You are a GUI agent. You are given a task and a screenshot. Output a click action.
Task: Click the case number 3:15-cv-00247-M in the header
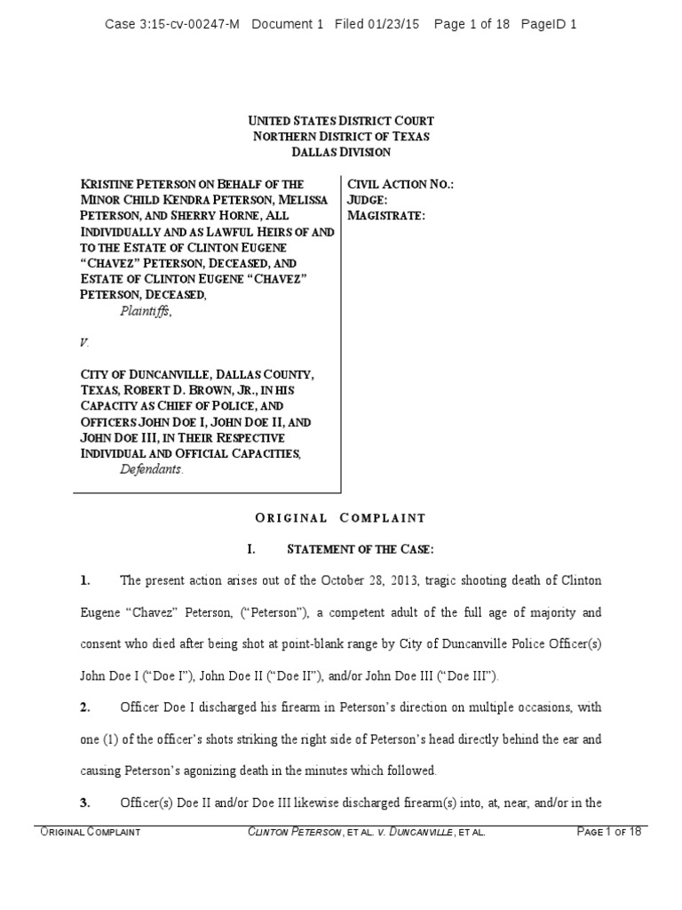pyautogui.click(x=188, y=24)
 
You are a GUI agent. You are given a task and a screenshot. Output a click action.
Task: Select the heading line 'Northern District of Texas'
pyautogui.click(x=341, y=136)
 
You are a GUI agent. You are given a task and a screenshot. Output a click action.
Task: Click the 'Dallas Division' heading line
pyautogui.click(x=341, y=152)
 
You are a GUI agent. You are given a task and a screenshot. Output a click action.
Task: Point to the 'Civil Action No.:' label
pyautogui.click(x=400, y=183)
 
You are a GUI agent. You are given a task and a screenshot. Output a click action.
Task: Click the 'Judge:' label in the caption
pyautogui.click(x=371, y=199)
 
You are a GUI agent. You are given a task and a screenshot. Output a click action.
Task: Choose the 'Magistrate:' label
pyautogui.click(x=386, y=215)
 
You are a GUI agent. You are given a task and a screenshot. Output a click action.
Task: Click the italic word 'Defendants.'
pyautogui.click(x=152, y=470)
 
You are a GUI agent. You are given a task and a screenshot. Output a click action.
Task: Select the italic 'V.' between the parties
pyautogui.click(x=84, y=342)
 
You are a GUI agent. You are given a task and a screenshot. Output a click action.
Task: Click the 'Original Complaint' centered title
pyautogui.click(x=341, y=518)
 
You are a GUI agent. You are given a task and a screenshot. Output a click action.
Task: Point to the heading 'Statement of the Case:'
pyautogui.click(x=376, y=549)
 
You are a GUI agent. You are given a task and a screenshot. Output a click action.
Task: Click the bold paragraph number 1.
pyautogui.click(x=84, y=581)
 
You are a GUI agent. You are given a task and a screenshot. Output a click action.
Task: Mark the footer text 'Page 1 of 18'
pyautogui.click(x=609, y=833)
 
